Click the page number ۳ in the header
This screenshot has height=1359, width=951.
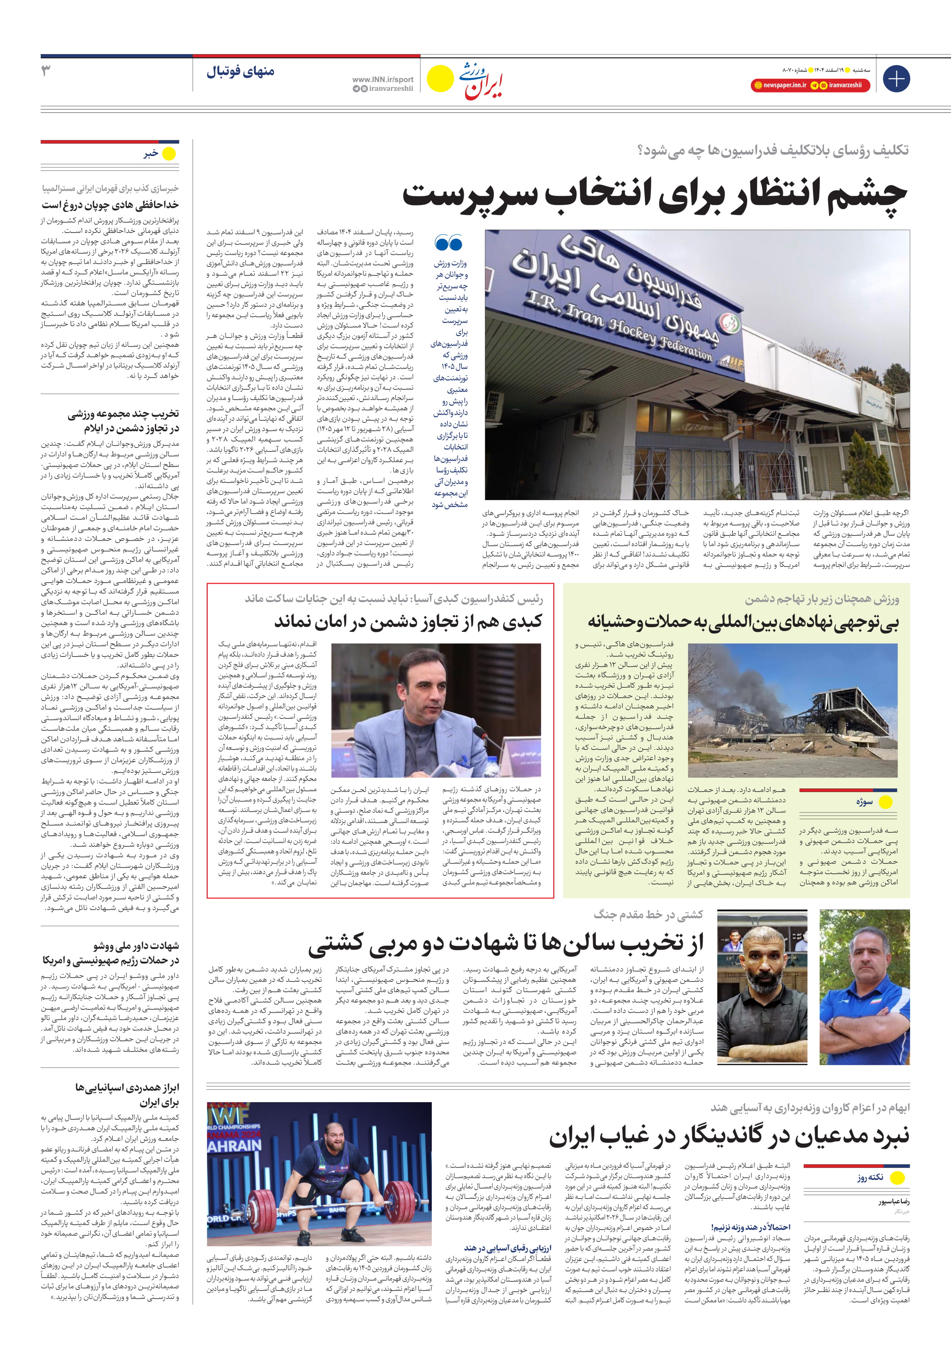pos(46,71)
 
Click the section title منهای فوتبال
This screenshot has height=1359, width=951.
pos(240,72)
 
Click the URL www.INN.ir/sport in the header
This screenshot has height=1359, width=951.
pos(382,79)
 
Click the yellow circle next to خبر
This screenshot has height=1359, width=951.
pos(169,154)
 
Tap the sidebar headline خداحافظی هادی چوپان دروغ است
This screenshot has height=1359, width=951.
pos(110,205)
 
